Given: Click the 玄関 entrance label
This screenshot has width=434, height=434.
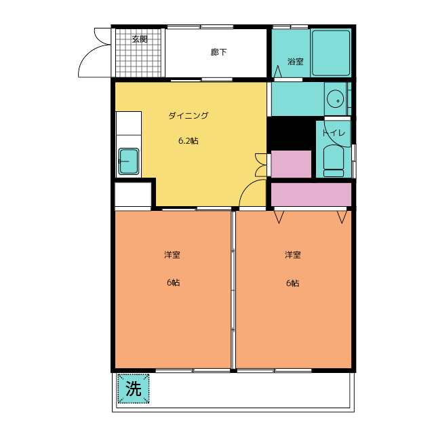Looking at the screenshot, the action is pyautogui.click(x=140, y=39).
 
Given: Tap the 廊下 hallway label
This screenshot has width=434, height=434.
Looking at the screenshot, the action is pyautogui.click(x=218, y=52).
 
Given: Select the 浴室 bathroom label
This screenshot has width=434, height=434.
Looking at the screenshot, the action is pyautogui.click(x=296, y=62).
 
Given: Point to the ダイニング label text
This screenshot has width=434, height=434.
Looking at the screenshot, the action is pyautogui.click(x=189, y=115).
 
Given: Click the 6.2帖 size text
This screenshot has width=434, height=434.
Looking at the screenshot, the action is pyautogui.click(x=189, y=141).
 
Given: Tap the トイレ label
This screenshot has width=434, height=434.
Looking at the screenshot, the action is pyautogui.click(x=334, y=133).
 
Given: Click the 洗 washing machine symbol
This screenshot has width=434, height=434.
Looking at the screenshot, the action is pyautogui.click(x=134, y=389).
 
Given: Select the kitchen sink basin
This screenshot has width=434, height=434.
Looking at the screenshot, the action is pyautogui.click(x=129, y=161).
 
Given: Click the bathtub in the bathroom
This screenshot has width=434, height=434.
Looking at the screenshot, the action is pyautogui.click(x=331, y=53).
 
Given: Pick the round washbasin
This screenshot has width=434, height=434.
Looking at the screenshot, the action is pyautogui.click(x=335, y=99).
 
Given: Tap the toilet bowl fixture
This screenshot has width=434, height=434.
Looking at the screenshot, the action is pyautogui.click(x=334, y=161).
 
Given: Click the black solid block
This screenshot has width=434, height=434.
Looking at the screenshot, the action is pyautogui.click(x=292, y=134).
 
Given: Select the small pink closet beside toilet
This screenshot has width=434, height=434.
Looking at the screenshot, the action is pyautogui.click(x=291, y=164).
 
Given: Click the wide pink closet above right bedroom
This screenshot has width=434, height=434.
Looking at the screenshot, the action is pyautogui.click(x=311, y=195).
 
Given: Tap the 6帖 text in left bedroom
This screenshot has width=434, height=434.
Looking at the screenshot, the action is pyautogui.click(x=174, y=283).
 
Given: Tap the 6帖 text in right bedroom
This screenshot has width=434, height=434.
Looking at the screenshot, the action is pyautogui.click(x=292, y=283).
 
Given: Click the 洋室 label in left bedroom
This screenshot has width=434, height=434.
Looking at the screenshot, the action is pyautogui.click(x=172, y=255).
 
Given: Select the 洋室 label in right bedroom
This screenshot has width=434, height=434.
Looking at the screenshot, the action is pyautogui.click(x=293, y=255).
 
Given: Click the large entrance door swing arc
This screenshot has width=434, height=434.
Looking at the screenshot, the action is pyautogui.click(x=86, y=55).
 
